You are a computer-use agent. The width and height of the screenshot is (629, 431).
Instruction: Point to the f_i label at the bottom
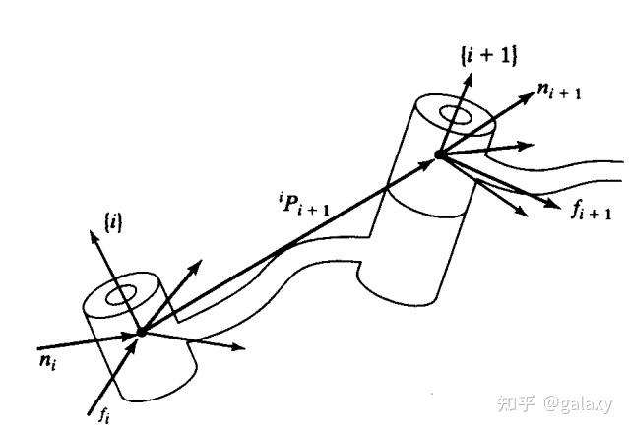[x=102, y=414]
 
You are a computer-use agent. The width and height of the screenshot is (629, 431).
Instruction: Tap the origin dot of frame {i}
[x=141, y=332]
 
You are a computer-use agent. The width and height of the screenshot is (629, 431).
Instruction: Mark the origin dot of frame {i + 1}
[x=438, y=154]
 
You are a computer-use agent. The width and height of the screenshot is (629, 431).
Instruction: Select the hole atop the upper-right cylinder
[x=458, y=116]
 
